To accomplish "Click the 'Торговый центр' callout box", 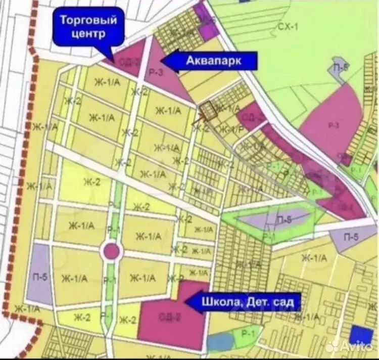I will coord(88,28).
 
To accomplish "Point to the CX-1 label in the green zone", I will coord(288,26).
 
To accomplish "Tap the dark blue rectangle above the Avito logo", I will coord(361,334).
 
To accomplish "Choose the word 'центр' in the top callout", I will coord(88,34).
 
